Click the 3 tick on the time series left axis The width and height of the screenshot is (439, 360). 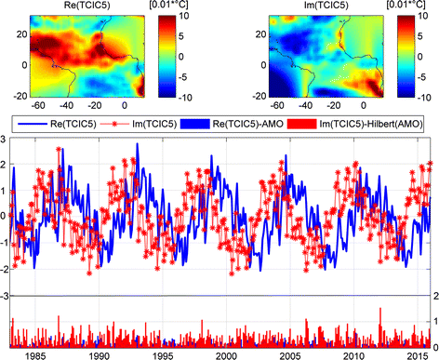[7, 140]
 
